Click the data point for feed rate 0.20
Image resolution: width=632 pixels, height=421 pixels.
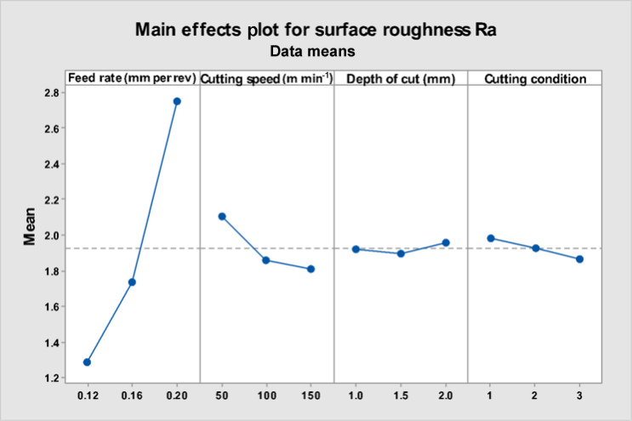[177, 101]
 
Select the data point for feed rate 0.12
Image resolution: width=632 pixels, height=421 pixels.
[87, 362]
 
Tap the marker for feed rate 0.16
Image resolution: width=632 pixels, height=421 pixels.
[132, 282]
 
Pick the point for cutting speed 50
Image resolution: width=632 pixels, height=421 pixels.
[222, 216]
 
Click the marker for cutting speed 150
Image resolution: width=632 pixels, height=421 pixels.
[311, 269]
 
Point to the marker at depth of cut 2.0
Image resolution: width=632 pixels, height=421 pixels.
[446, 242]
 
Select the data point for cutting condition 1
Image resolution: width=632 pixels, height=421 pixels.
[491, 238]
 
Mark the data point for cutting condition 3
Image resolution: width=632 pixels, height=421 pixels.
[580, 259]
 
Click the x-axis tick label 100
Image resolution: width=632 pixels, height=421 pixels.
[266, 397]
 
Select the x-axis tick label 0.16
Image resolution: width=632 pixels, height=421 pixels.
[132, 397]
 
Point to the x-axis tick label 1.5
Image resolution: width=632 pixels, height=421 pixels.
[401, 397]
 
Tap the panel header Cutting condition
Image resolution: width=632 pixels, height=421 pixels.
[535, 78]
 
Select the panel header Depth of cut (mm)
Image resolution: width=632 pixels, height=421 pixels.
[400, 78]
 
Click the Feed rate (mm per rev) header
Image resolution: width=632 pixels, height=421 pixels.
[133, 78]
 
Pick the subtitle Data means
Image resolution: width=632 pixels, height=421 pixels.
[311, 51]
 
